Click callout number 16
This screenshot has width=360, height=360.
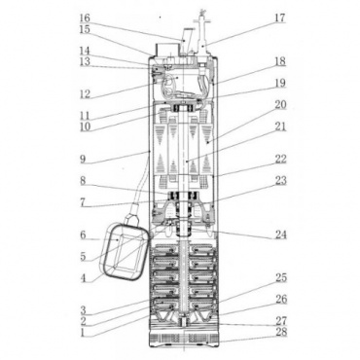coord(85,18)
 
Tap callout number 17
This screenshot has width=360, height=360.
coord(280,18)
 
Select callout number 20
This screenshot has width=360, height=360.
coord(281,105)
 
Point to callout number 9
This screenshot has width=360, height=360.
coord(84,160)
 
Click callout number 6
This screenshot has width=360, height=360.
coord(83,234)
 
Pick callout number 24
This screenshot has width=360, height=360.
coord(281,234)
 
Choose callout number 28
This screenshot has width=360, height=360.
coord(281,333)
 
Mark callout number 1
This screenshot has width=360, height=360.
coord(83,332)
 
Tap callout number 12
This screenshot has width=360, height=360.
coord(85,94)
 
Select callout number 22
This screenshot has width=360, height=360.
coord(281,159)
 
